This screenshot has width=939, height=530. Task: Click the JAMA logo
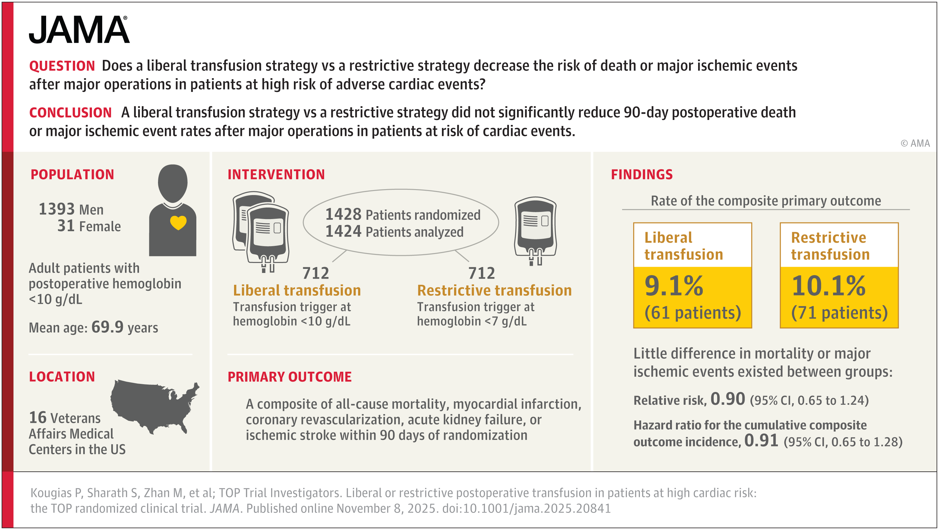tap(79, 30)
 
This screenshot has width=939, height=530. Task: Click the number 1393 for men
tap(56, 209)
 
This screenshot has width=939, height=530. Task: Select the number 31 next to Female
tap(66, 226)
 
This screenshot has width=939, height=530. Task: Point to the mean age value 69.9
tap(107, 327)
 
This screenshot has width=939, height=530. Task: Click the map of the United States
tap(155, 406)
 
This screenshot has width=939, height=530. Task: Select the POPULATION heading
tap(72, 174)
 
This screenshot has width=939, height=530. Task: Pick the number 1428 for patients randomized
tap(343, 214)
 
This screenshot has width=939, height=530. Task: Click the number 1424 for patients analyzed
tap(343, 232)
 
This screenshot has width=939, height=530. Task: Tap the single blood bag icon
tap(535, 230)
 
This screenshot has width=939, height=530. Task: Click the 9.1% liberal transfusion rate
tap(674, 286)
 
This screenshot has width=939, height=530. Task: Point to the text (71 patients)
tap(839, 313)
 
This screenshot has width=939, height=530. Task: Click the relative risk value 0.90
tap(728, 399)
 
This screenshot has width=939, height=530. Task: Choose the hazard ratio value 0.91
tap(761, 440)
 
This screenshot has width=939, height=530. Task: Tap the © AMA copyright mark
tap(915, 143)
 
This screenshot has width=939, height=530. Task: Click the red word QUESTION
tap(62, 66)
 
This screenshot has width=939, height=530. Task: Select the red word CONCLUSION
tap(70, 112)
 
